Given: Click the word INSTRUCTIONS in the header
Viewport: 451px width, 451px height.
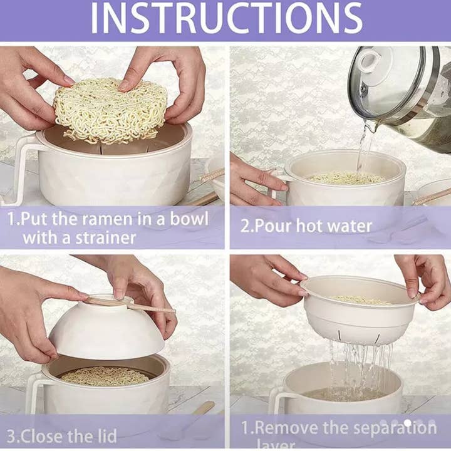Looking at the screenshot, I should (226, 19).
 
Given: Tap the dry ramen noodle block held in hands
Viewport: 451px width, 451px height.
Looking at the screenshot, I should (110, 110).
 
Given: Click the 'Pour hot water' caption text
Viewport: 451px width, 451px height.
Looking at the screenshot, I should (306, 225).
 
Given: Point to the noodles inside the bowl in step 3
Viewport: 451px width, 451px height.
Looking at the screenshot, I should (103, 376).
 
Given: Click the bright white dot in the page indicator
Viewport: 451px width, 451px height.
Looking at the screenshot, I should (408, 423).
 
